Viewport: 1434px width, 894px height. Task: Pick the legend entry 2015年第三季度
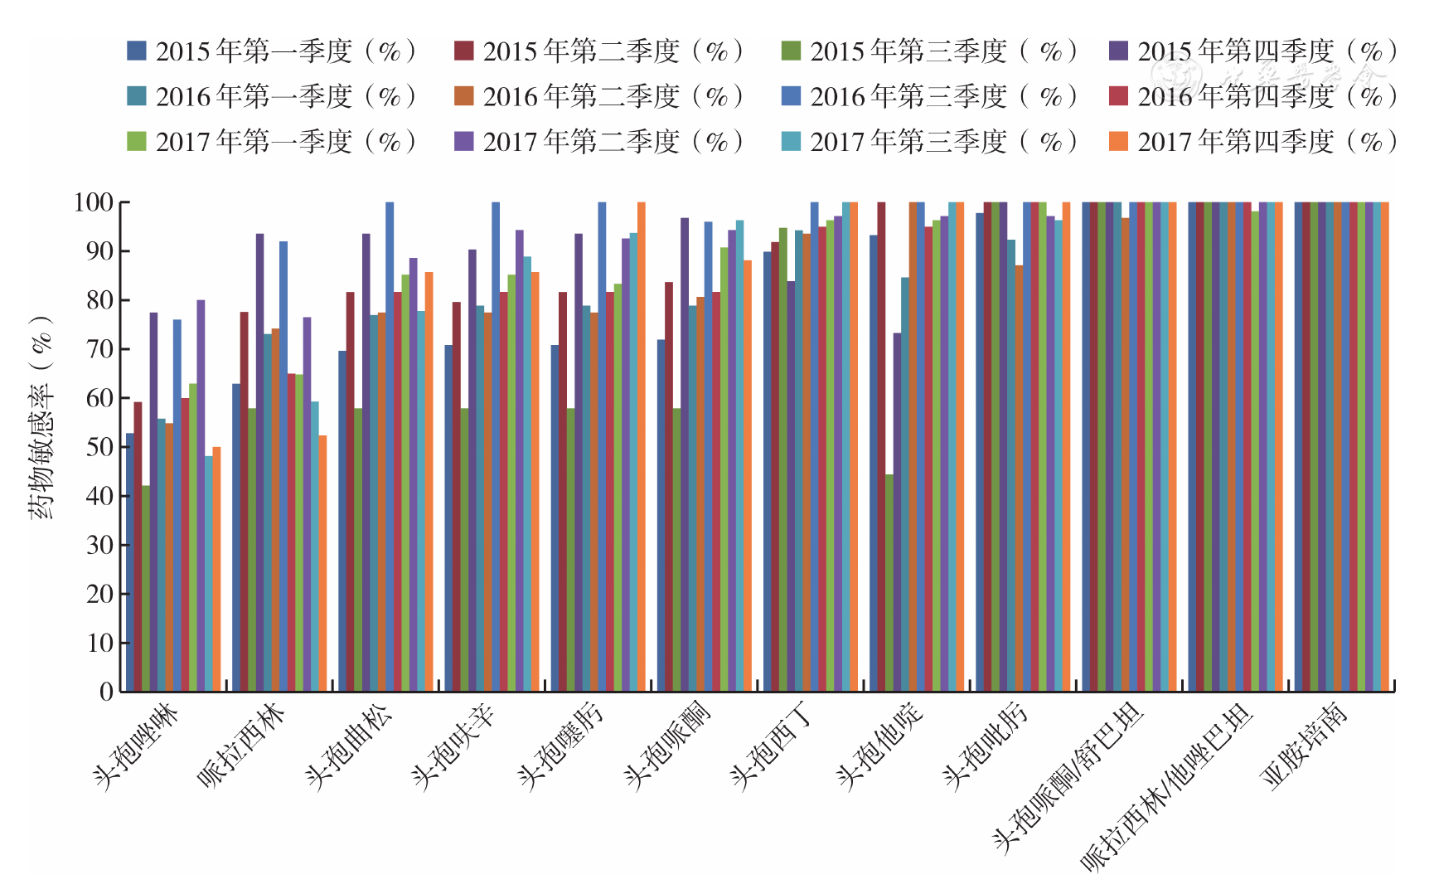click(928, 51)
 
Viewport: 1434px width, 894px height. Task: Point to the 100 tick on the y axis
click(93, 202)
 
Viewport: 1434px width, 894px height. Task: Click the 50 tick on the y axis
click(100, 447)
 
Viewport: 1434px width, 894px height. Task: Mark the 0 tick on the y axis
click(107, 692)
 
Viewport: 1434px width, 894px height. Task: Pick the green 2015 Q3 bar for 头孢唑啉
click(146, 588)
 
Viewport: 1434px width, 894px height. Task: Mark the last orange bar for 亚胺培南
click(1384, 447)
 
